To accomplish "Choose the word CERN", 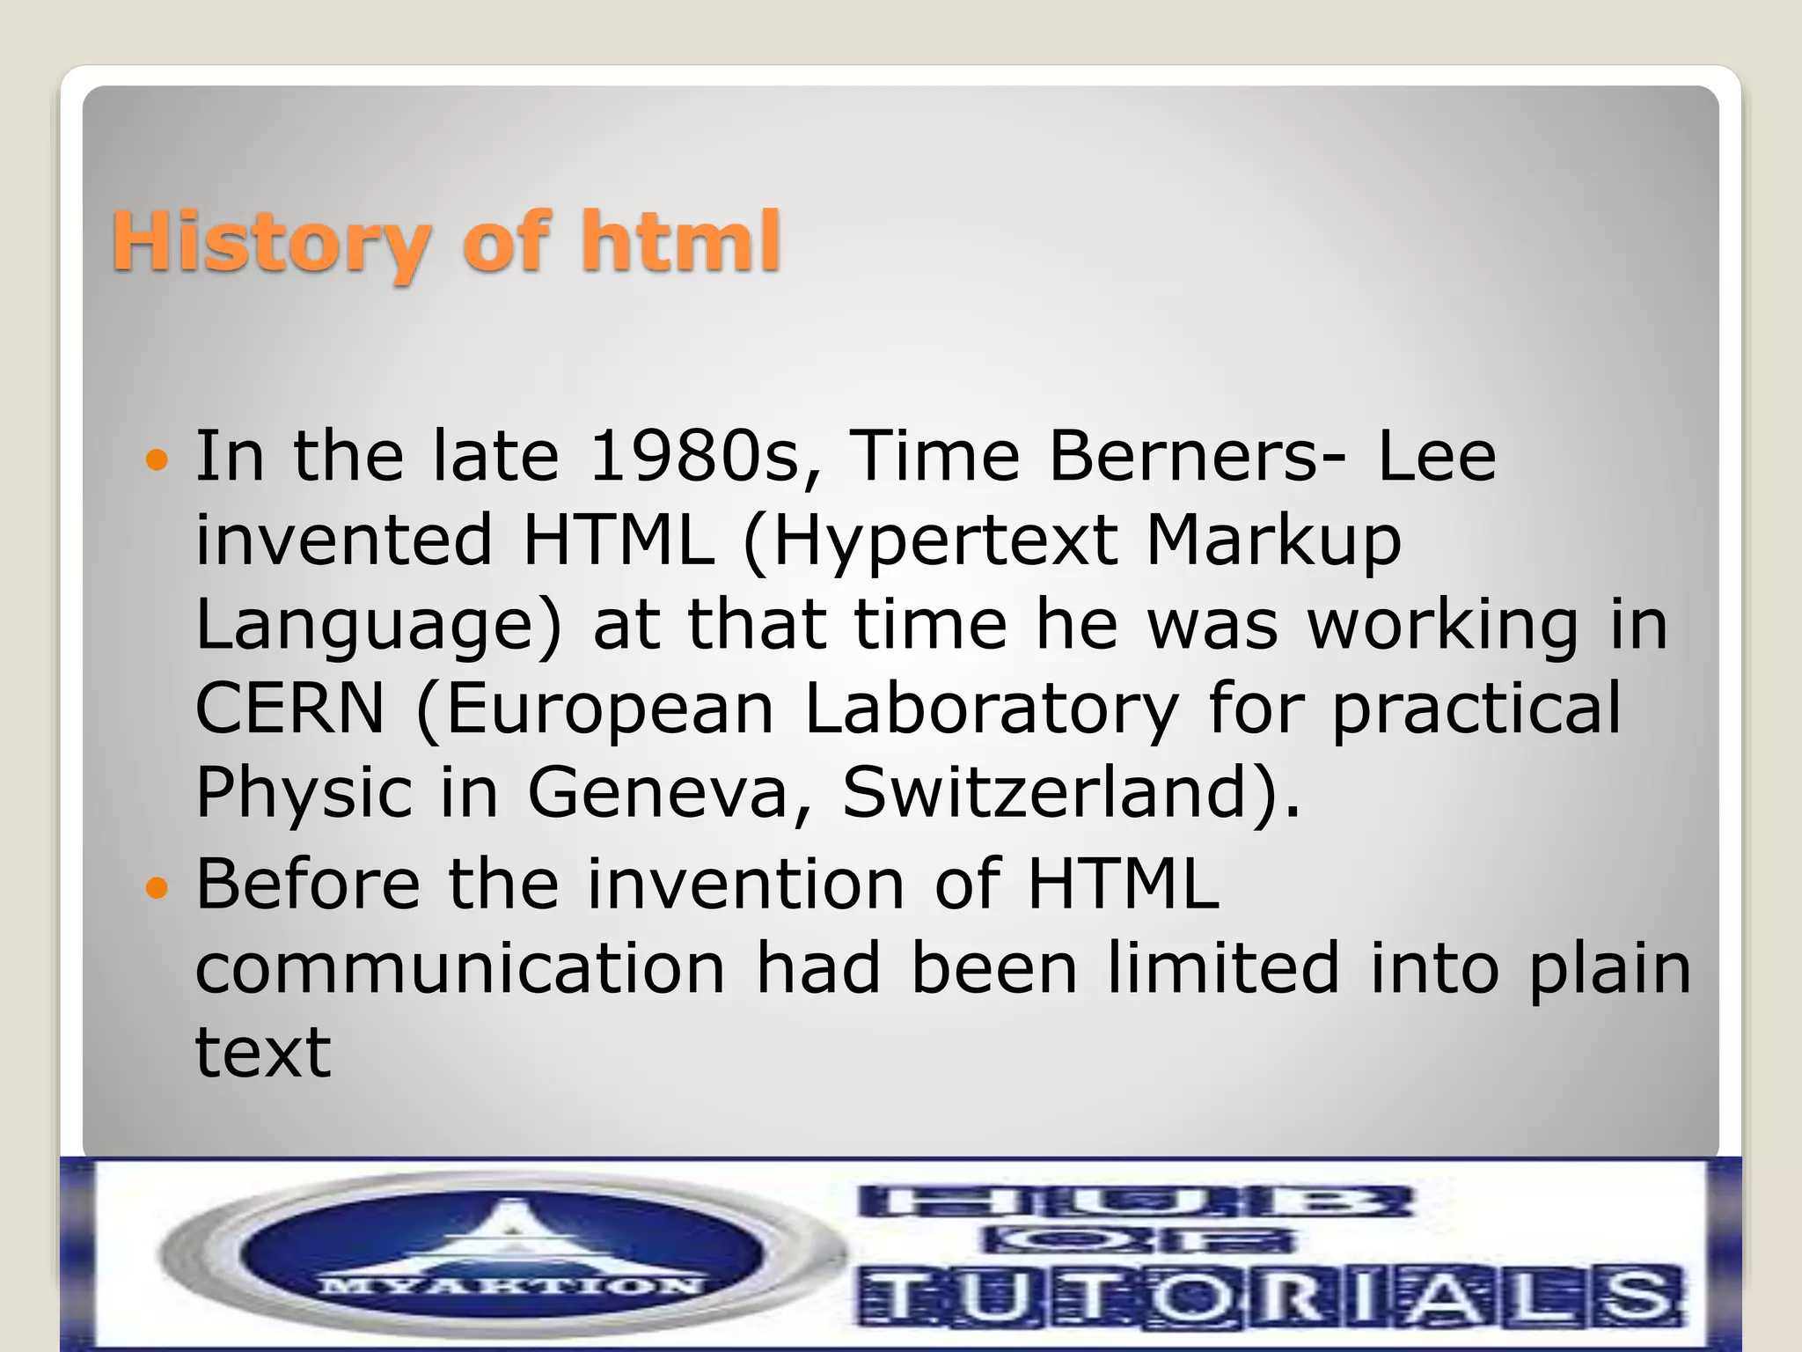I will coord(289,709).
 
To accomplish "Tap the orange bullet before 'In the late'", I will coord(156,459).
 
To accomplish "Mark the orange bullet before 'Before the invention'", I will coord(156,887).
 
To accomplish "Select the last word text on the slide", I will coord(262,1051).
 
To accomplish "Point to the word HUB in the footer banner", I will coord(1135,1202).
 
